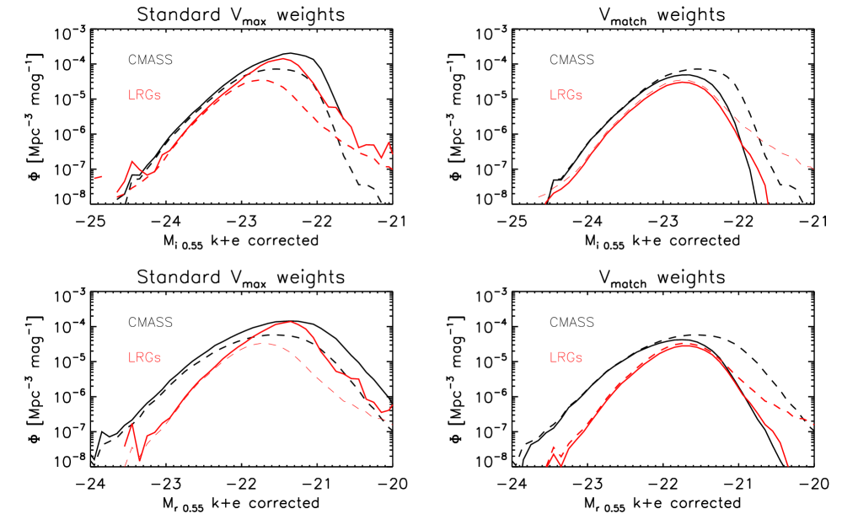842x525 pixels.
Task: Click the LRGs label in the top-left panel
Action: (x=144, y=95)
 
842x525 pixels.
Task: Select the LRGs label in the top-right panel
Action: (x=566, y=95)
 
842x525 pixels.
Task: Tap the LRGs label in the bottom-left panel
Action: (x=144, y=357)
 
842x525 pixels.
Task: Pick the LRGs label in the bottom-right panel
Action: (x=566, y=357)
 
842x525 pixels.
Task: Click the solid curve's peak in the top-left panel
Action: (x=283, y=59)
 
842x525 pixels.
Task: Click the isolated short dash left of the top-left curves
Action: (x=98, y=177)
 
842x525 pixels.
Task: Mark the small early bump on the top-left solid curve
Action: (x=133, y=161)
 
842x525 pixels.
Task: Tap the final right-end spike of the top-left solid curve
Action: (x=389, y=143)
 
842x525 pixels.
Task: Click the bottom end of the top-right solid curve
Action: (x=768, y=203)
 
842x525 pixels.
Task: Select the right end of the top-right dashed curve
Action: (x=813, y=168)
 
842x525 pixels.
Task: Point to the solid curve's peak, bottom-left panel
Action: (x=289, y=322)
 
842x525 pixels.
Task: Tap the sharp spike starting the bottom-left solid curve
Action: (x=131, y=423)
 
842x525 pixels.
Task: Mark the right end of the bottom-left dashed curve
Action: (x=393, y=424)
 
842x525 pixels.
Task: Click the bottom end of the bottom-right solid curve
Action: (x=787, y=464)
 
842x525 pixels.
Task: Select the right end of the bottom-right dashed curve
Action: (x=813, y=424)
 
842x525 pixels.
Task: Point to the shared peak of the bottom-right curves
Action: (x=687, y=344)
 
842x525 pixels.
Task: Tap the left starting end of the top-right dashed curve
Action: (x=539, y=197)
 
